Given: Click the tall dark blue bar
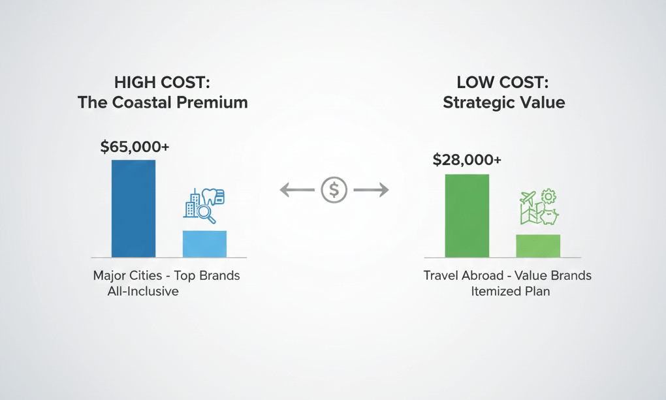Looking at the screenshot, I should click(x=133, y=208).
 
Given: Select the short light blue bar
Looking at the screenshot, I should click(x=204, y=243).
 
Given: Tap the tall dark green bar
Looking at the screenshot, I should click(x=467, y=215).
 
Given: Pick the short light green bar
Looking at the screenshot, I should click(x=538, y=245).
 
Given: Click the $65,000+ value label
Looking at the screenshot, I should click(x=135, y=147).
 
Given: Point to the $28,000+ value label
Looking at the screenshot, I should click(x=467, y=160).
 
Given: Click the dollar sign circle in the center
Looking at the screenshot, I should click(x=334, y=190).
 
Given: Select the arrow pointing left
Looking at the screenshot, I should click(x=297, y=190).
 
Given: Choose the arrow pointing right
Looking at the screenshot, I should click(x=371, y=190).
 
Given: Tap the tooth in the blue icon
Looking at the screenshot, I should click(x=210, y=195).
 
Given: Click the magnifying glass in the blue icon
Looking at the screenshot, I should click(x=206, y=213).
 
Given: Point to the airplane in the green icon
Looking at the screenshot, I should click(x=528, y=198).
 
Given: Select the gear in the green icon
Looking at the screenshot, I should click(x=548, y=196).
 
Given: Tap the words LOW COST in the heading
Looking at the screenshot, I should click(x=503, y=82).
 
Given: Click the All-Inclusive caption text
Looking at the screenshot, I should click(x=143, y=291).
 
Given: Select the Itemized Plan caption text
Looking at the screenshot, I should click(x=510, y=291).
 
